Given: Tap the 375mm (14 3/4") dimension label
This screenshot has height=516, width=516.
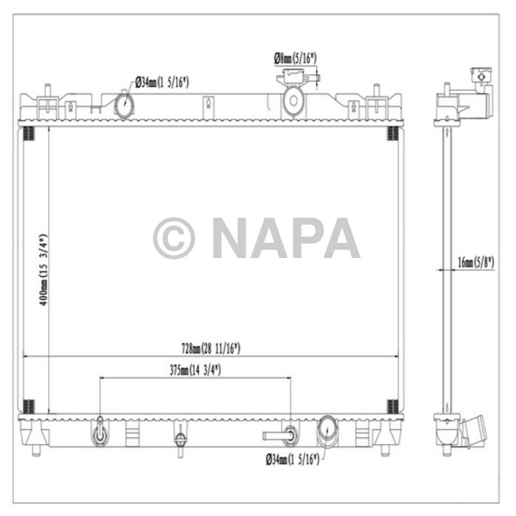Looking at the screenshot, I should (x=195, y=370).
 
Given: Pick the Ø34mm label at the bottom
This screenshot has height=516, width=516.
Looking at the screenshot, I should (x=292, y=460).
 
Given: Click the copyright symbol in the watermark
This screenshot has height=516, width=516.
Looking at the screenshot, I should (x=174, y=237).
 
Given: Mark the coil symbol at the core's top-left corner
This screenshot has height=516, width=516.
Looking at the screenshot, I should (x=29, y=133).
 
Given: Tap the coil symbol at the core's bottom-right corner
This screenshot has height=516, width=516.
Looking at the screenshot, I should (x=393, y=405).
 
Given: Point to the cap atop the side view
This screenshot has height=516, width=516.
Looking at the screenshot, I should (x=481, y=74).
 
